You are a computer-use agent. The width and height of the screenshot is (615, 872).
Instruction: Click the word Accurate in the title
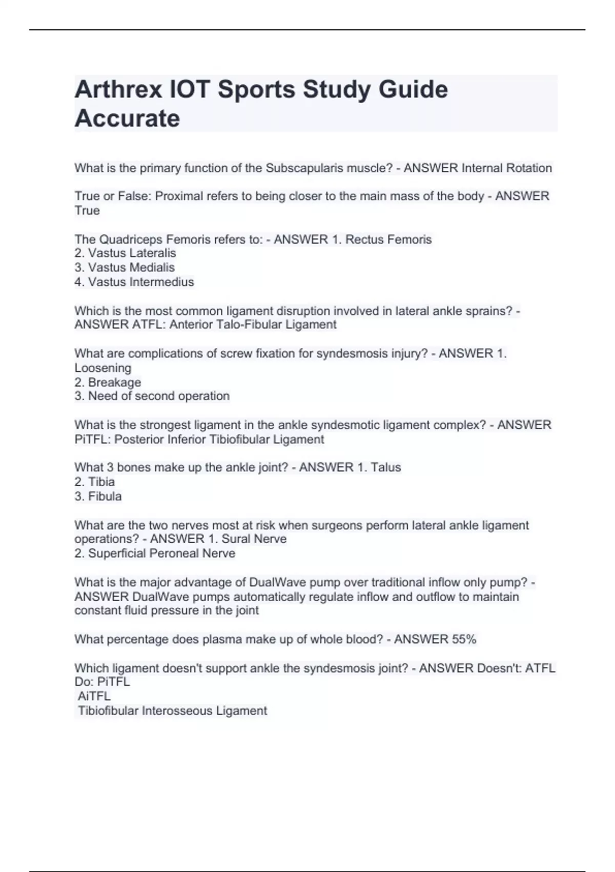(127, 118)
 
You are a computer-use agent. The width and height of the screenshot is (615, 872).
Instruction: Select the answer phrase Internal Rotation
(506, 168)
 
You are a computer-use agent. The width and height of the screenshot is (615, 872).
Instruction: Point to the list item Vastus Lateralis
(132, 253)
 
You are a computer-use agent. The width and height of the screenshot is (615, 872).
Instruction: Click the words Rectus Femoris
(388, 240)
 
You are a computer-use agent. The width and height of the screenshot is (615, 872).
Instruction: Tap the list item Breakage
(114, 383)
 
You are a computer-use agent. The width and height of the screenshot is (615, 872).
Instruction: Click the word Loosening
(103, 368)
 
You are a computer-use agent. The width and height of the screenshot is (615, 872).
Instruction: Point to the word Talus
(386, 467)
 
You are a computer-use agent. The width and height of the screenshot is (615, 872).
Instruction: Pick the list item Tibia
(101, 482)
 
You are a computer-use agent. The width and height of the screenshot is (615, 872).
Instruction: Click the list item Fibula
(105, 497)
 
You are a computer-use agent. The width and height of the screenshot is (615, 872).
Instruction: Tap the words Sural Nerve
(254, 539)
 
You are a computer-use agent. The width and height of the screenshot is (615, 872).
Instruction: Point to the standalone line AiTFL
(94, 697)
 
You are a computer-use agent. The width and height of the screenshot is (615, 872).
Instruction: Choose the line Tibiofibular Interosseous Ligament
(172, 711)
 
